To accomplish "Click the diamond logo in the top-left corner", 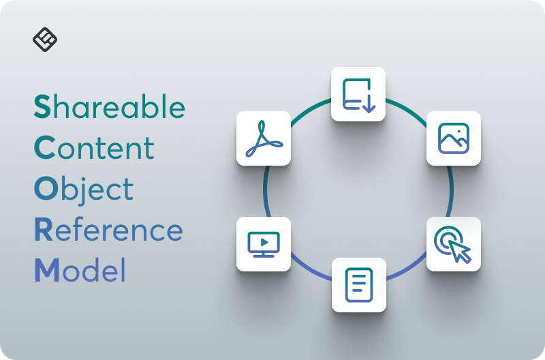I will pos(45,40).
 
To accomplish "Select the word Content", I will pos(94,148).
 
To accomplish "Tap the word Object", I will pos(84,190).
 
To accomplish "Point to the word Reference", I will pos(108,230).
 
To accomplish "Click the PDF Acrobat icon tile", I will pos(264,138).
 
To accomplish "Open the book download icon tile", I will pos(358,94).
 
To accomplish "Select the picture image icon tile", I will pos(454,138).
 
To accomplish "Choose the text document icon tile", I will pos(358,285).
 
